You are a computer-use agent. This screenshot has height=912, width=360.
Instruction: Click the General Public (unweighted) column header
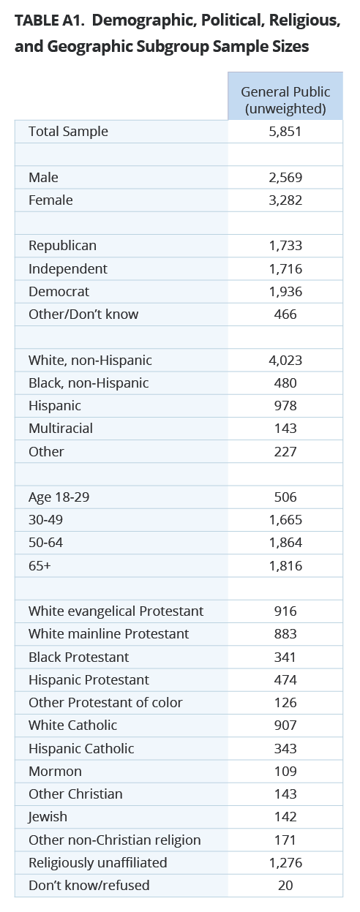click(x=285, y=100)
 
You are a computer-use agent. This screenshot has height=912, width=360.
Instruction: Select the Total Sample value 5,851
click(x=285, y=132)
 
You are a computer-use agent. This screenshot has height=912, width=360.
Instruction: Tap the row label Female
click(x=50, y=200)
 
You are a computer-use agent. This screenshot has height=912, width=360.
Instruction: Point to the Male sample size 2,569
click(x=285, y=178)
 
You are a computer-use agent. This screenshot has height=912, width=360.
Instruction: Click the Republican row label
click(x=62, y=246)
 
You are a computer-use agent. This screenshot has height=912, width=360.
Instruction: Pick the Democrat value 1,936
click(x=285, y=292)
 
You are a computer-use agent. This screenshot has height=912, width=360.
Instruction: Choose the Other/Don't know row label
click(x=83, y=314)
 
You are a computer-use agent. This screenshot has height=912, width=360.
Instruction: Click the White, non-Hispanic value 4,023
click(x=285, y=361)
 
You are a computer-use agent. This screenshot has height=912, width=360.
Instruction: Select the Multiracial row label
click(x=61, y=429)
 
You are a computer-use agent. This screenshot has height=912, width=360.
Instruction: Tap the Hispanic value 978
click(x=285, y=406)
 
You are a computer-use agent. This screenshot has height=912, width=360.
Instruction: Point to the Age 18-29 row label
click(x=59, y=497)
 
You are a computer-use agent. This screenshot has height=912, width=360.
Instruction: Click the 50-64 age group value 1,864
click(x=285, y=543)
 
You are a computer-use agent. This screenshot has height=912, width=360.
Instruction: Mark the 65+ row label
click(x=40, y=566)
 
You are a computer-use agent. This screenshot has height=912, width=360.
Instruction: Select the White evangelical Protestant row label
click(x=116, y=611)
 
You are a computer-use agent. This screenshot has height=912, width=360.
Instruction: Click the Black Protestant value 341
click(x=285, y=657)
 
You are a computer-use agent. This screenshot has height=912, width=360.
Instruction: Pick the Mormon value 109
click(x=285, y=772)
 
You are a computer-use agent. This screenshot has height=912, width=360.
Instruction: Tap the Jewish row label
click(x=48, y=817)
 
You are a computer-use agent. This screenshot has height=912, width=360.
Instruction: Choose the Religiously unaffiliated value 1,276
click(x=285, y=863)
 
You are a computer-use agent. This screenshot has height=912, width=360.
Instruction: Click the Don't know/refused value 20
click(x=285, y=886)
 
